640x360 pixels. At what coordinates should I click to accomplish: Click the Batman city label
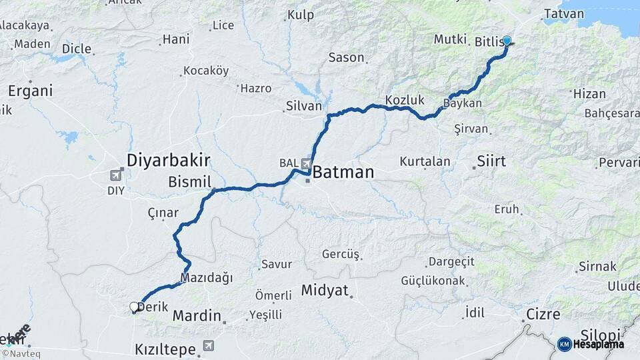[343, 172]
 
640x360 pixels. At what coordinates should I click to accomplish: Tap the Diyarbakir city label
[169, 160]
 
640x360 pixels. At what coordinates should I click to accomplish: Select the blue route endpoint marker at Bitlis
[507, 41]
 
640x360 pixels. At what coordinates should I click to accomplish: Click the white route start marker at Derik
[134, 307]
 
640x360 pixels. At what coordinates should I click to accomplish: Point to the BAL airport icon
[305, 163]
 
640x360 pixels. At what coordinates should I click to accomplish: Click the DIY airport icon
[116, 175]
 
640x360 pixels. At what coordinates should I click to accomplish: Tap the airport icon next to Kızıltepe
[209, 346]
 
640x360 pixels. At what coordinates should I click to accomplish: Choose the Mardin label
[197, 315]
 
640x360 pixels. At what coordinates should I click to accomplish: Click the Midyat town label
[325, 291]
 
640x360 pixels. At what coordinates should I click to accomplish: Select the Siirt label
[491, 161]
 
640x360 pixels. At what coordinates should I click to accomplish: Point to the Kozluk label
[405, 101]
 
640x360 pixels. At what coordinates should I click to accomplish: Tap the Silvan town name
[303, 106]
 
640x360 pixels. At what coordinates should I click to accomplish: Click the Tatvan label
[563, 14]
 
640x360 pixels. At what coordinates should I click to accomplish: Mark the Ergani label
[31, 91]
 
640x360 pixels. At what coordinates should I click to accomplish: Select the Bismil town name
[189, 182]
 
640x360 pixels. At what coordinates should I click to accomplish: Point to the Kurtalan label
[425, 161]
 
